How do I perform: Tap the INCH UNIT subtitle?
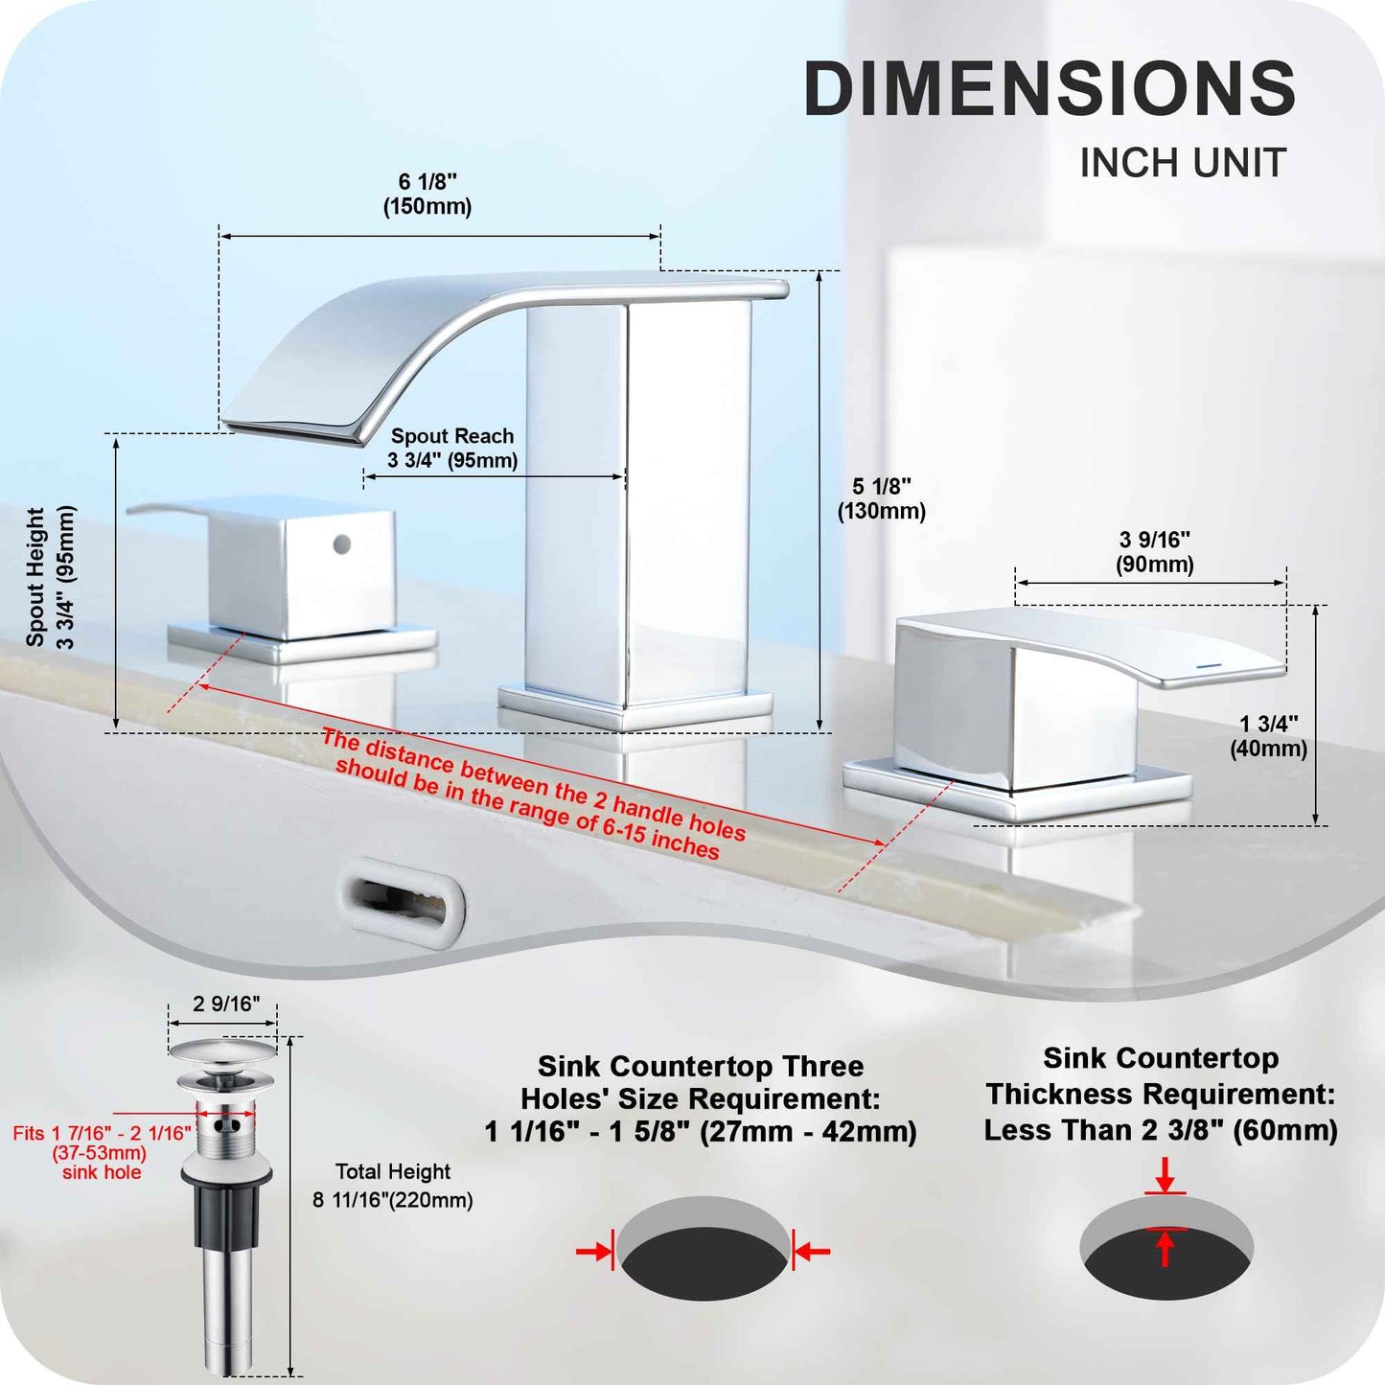pos(1183,162)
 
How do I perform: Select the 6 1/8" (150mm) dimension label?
pos(427,194)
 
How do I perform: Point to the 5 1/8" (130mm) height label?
pos(881,498)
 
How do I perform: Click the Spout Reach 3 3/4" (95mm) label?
pos(452,448)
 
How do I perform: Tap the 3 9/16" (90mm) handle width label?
pos(1154,552)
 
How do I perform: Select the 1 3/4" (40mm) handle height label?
pos(1269,736)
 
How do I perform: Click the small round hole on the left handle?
pos(343,544)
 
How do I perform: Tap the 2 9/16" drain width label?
pos(225,1004)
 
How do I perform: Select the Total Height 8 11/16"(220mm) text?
pos(393,1186)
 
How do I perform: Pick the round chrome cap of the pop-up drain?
pos(222,1050)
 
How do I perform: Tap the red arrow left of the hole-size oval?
pos(593,1252)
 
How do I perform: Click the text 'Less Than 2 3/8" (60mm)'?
pos(1161,1131)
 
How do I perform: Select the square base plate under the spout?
pos(635,708)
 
